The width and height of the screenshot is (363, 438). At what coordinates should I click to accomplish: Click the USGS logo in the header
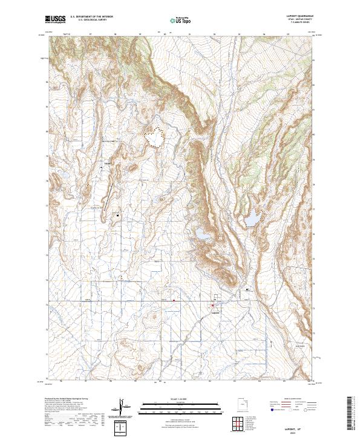55,19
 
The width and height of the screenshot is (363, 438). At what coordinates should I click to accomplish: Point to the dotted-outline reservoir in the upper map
156,138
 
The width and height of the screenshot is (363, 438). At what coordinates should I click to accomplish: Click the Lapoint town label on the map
215,313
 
